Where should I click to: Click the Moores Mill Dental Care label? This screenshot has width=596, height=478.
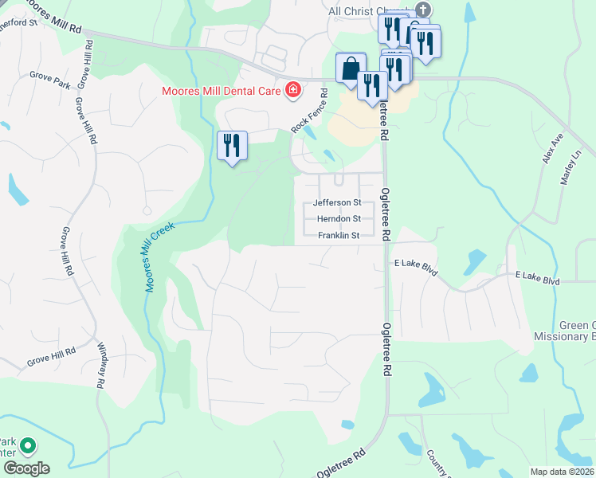[x=222, y=91]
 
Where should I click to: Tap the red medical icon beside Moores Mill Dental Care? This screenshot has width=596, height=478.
[x=293, y=89]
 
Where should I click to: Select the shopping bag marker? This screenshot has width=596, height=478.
[x=351, y=69]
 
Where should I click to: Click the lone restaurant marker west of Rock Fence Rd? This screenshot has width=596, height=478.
[x=233, y=146]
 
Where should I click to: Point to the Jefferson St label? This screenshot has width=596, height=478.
[x=337, y=203]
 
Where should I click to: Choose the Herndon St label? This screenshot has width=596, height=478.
[x=339, y=218]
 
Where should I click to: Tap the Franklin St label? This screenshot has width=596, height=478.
[x=339, y=235]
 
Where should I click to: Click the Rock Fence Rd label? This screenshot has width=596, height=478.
[x=310, y=111]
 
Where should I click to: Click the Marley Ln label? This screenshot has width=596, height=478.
[x=571, y=167]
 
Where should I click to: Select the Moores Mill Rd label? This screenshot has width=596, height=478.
[x=54, y=18]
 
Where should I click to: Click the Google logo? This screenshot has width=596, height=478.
[x=26, y=468]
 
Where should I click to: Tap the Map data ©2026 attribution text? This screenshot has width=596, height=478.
[x=562, y=472]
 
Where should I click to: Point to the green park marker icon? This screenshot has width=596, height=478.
[x=28, y=446]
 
